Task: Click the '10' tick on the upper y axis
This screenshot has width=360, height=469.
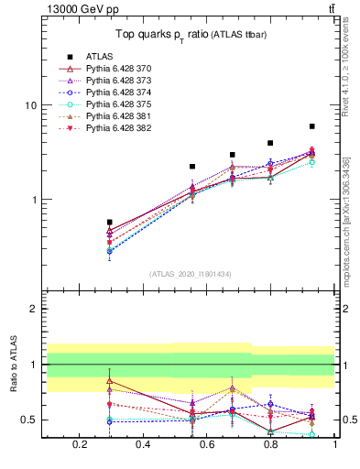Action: click(31, 105)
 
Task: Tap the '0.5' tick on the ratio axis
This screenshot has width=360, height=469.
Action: click(29, 420)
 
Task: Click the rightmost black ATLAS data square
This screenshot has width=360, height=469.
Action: click(312, 126)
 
